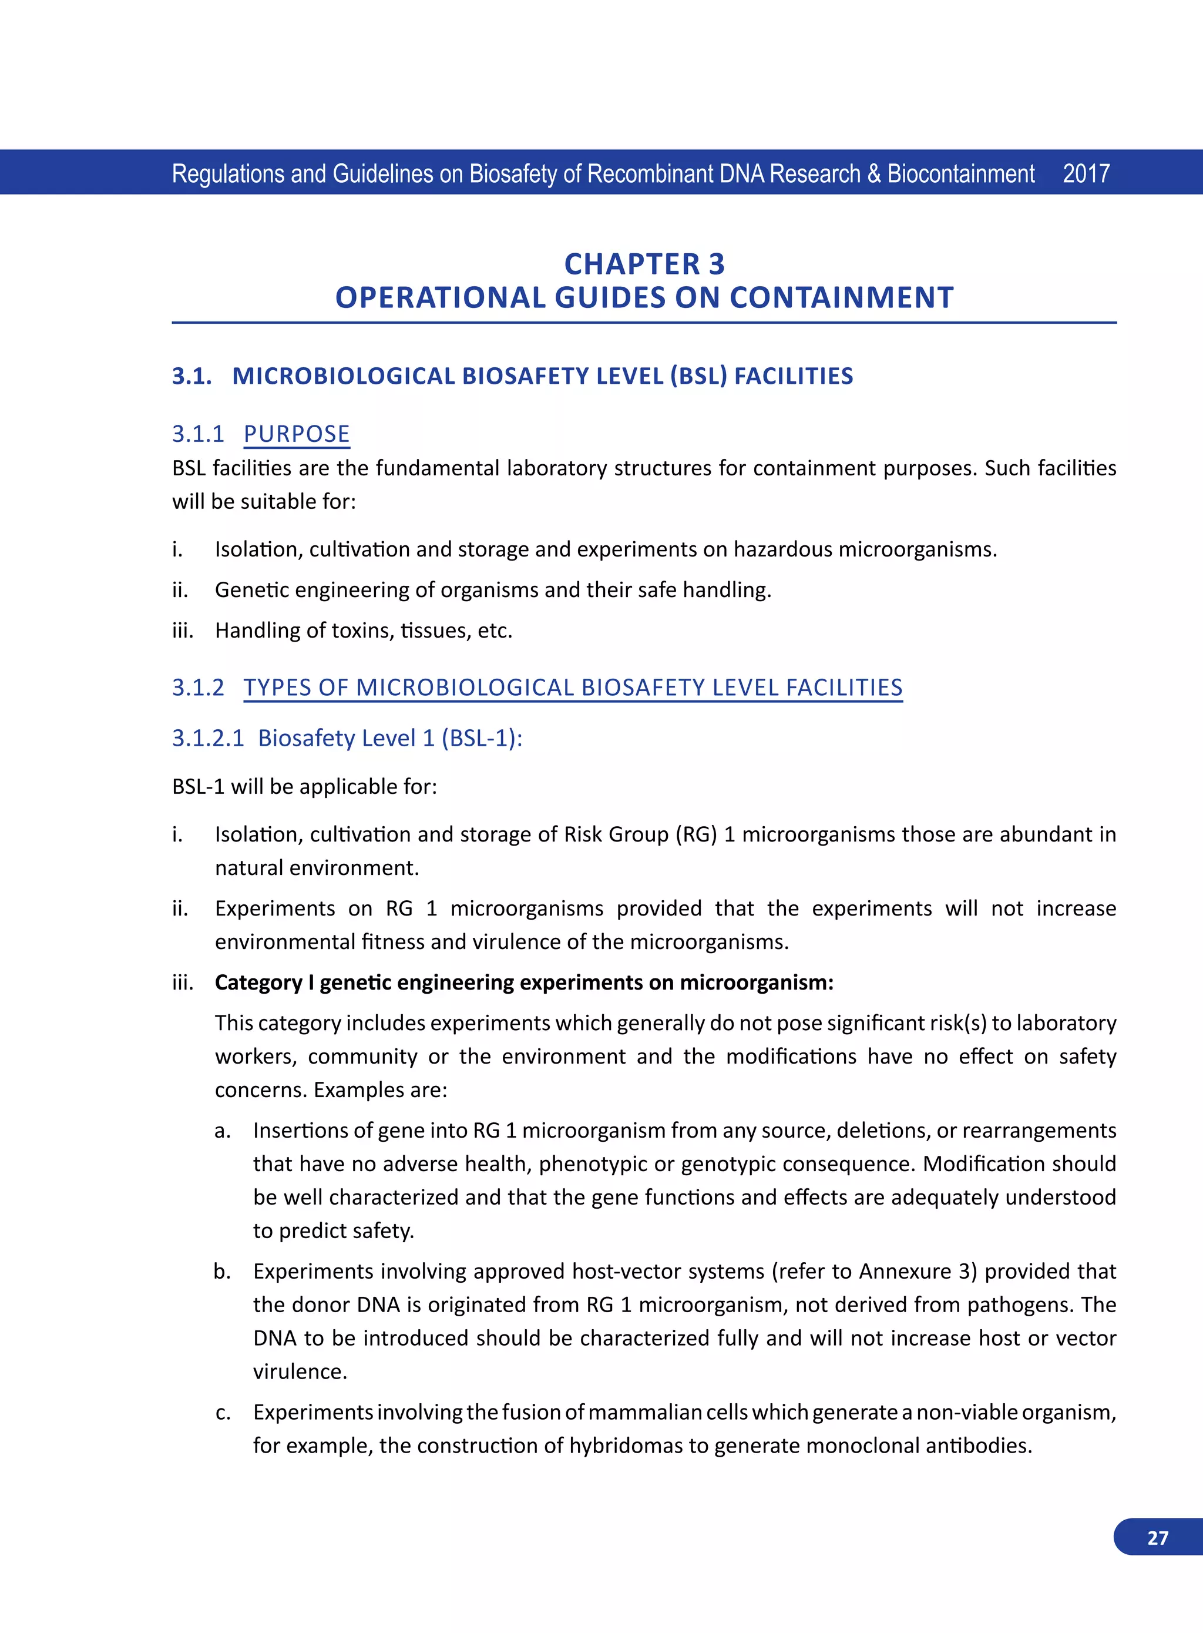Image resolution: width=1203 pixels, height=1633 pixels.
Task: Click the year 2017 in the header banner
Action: point(1086,173)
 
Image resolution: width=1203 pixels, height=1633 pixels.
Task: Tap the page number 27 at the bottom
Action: point(1157,1538)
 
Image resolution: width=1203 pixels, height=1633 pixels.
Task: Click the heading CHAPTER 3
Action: point(644,264)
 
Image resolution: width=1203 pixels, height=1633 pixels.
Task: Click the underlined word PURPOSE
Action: point(297,434)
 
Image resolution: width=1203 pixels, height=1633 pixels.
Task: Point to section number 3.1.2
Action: point(198,687)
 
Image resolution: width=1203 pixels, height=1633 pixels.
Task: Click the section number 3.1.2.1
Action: point(207,738)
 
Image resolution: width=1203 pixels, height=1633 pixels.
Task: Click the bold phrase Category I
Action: point(264,982)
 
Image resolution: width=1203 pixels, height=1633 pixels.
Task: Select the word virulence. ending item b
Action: point(300,1372)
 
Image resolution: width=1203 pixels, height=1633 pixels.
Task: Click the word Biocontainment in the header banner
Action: point(960,173)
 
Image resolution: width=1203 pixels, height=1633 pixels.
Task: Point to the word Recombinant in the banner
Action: point(650,173)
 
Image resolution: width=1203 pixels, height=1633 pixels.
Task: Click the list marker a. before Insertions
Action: point(223,1131)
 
